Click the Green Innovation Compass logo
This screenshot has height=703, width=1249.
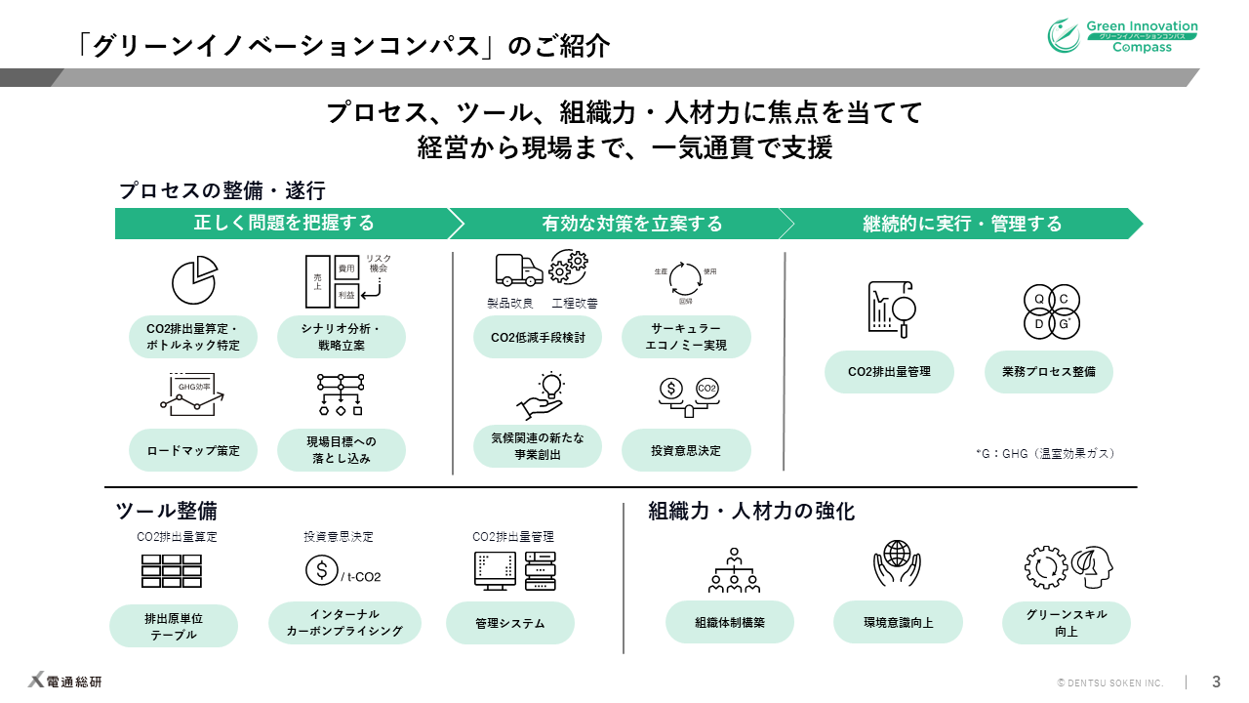[1122, 36]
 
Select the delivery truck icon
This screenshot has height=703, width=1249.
[518, 270]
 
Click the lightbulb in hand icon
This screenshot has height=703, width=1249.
[541, 395]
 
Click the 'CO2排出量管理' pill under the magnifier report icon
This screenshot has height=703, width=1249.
[889, 372]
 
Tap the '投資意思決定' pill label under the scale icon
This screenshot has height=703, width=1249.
[686, 450]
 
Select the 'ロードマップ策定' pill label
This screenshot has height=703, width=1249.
[193, 450]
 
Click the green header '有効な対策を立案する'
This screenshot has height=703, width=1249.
[631, 224]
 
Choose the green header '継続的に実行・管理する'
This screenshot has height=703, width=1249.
[962, 224]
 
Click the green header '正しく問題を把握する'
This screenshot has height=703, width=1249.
[284, 224]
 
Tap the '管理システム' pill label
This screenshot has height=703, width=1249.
[510, 623]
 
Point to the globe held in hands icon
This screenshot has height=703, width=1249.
[898, 563]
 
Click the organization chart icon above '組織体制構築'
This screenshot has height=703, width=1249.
[733, 568]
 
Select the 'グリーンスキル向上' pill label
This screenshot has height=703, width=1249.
[1067, 623]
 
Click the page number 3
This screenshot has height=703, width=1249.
[1216, 682]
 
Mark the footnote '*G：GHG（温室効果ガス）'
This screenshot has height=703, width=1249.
[1044, 454]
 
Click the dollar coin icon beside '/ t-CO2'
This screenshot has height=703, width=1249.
[321, 569]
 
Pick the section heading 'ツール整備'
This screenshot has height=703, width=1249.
[166, 511]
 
